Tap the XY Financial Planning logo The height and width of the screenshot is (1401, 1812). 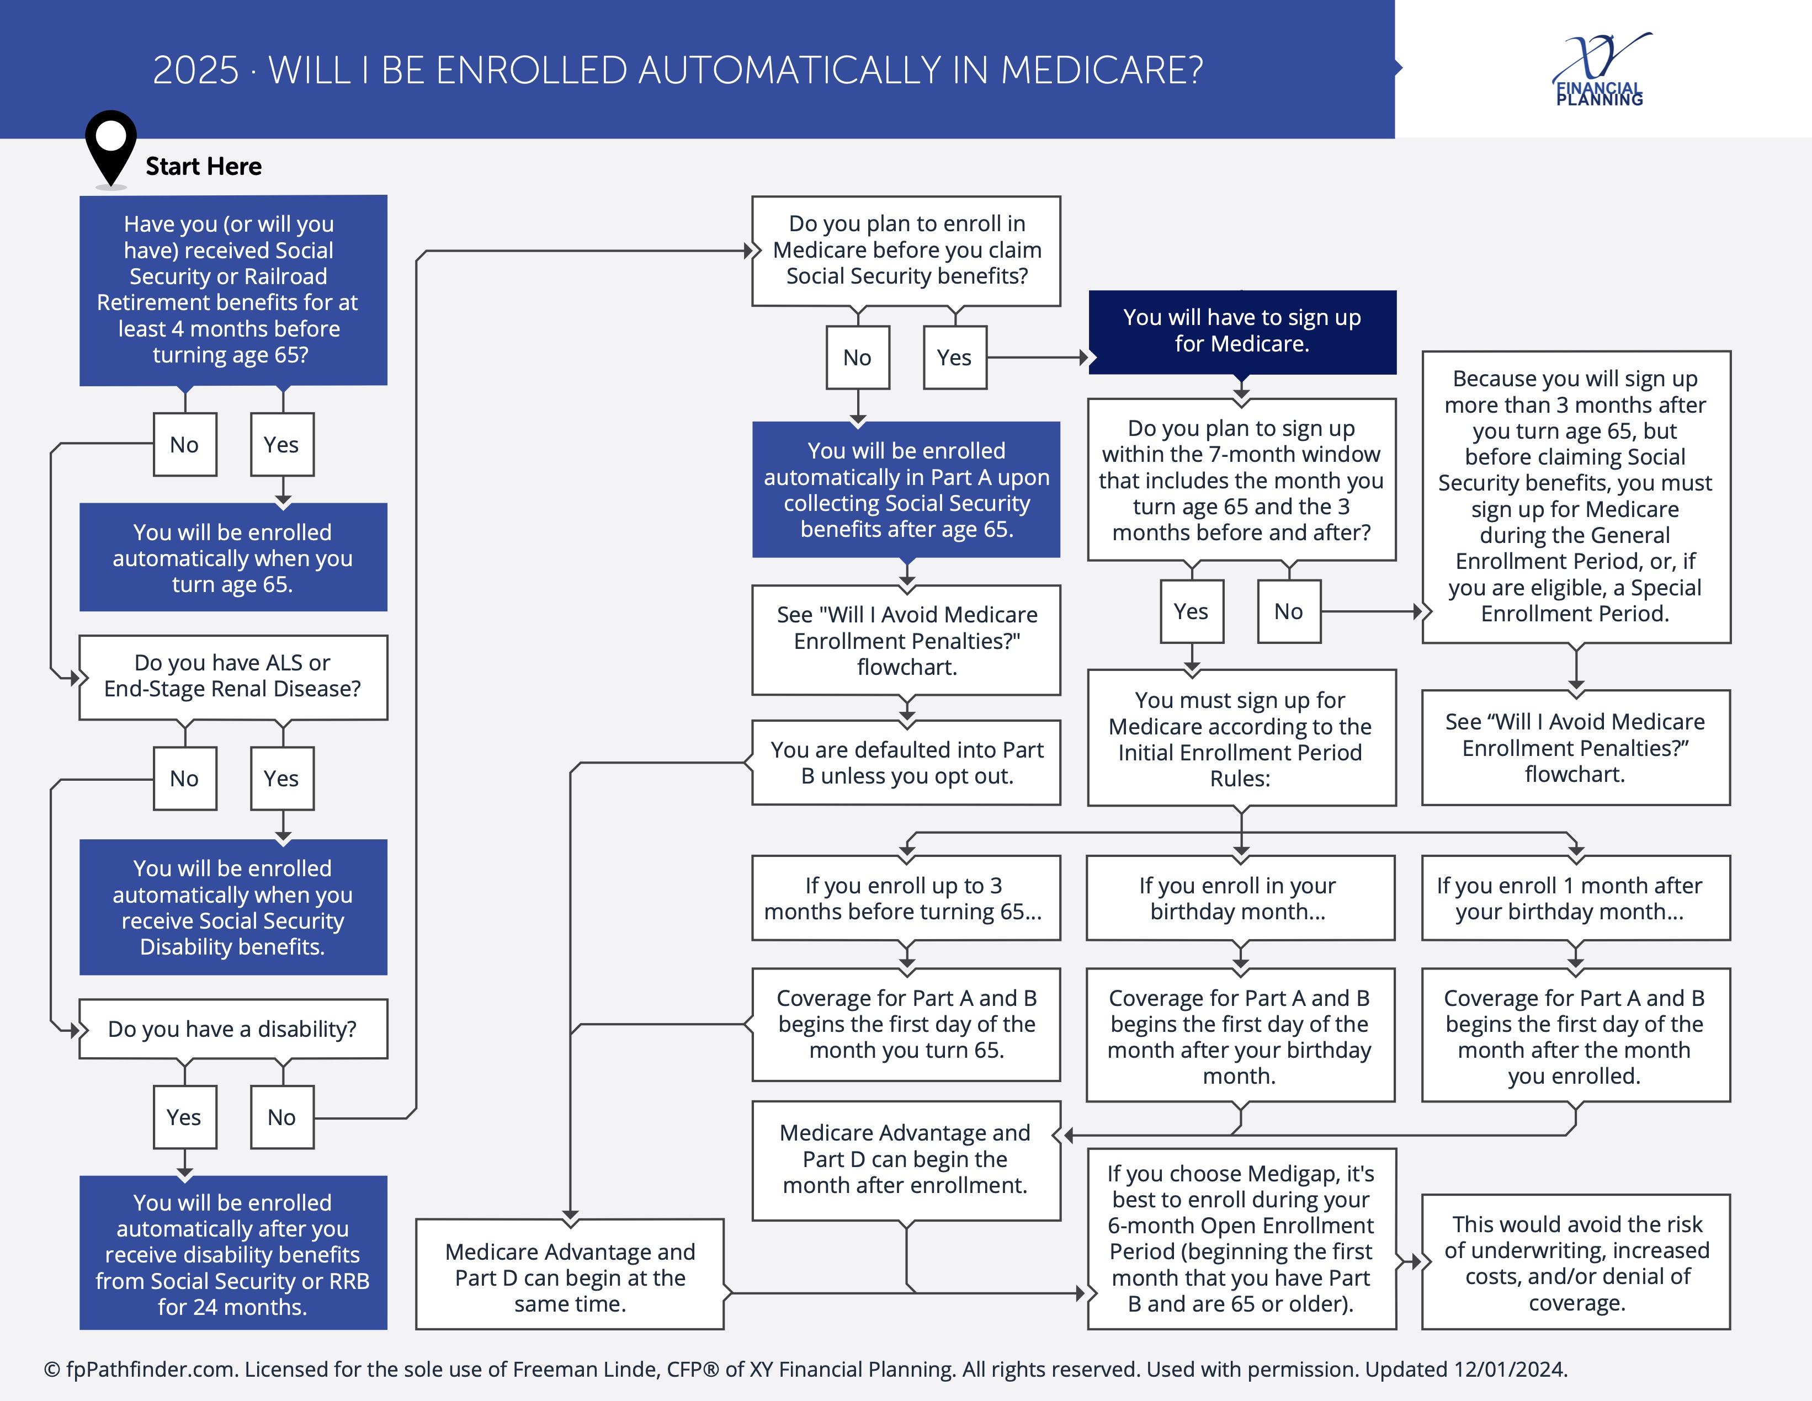[x=1601, y=70]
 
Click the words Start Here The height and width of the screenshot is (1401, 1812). [x=203, y=166]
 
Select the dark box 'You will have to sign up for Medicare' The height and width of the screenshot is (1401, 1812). [x=1242, y=332]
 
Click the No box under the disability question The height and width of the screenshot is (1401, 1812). [x=282, y=1117]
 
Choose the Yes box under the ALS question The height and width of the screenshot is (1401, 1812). [x=282, y=778]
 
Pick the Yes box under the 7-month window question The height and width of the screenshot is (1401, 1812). [x=1192, y=611]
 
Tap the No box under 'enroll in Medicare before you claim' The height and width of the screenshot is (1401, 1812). [x=858, y=358]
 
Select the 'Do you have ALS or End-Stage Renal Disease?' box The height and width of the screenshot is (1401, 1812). [x=233, y=677]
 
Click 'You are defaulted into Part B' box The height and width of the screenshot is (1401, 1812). [x=906, y=762]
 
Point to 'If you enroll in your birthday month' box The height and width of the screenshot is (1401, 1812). [x=1240, y=898]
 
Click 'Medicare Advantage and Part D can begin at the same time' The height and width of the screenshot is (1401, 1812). [x=570, y=1274]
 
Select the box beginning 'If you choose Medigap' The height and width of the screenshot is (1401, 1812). [x=1242, y=1238]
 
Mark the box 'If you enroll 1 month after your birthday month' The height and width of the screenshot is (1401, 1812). [x=1576, y=898]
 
